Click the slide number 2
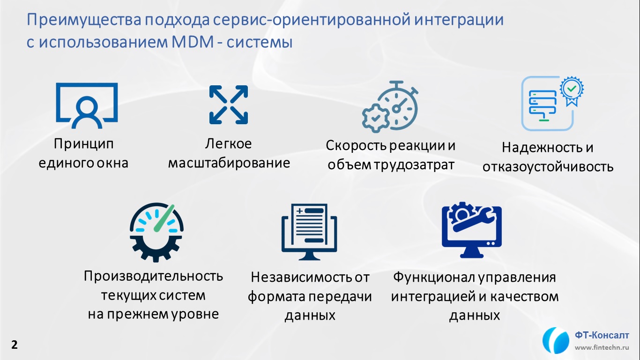[14, 345]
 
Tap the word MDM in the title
[193, 42]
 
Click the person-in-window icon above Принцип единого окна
[87, 105]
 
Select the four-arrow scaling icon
[229, 105]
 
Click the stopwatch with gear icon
[390, 107]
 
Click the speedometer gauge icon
[156, 232]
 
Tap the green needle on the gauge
[164, 218]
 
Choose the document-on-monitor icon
[309, 232]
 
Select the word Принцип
[83, 144]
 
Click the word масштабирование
[229, 163]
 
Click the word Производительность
[153, 277]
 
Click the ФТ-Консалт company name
[602, 335]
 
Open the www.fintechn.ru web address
[602, 348]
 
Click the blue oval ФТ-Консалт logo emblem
[556, 340]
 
